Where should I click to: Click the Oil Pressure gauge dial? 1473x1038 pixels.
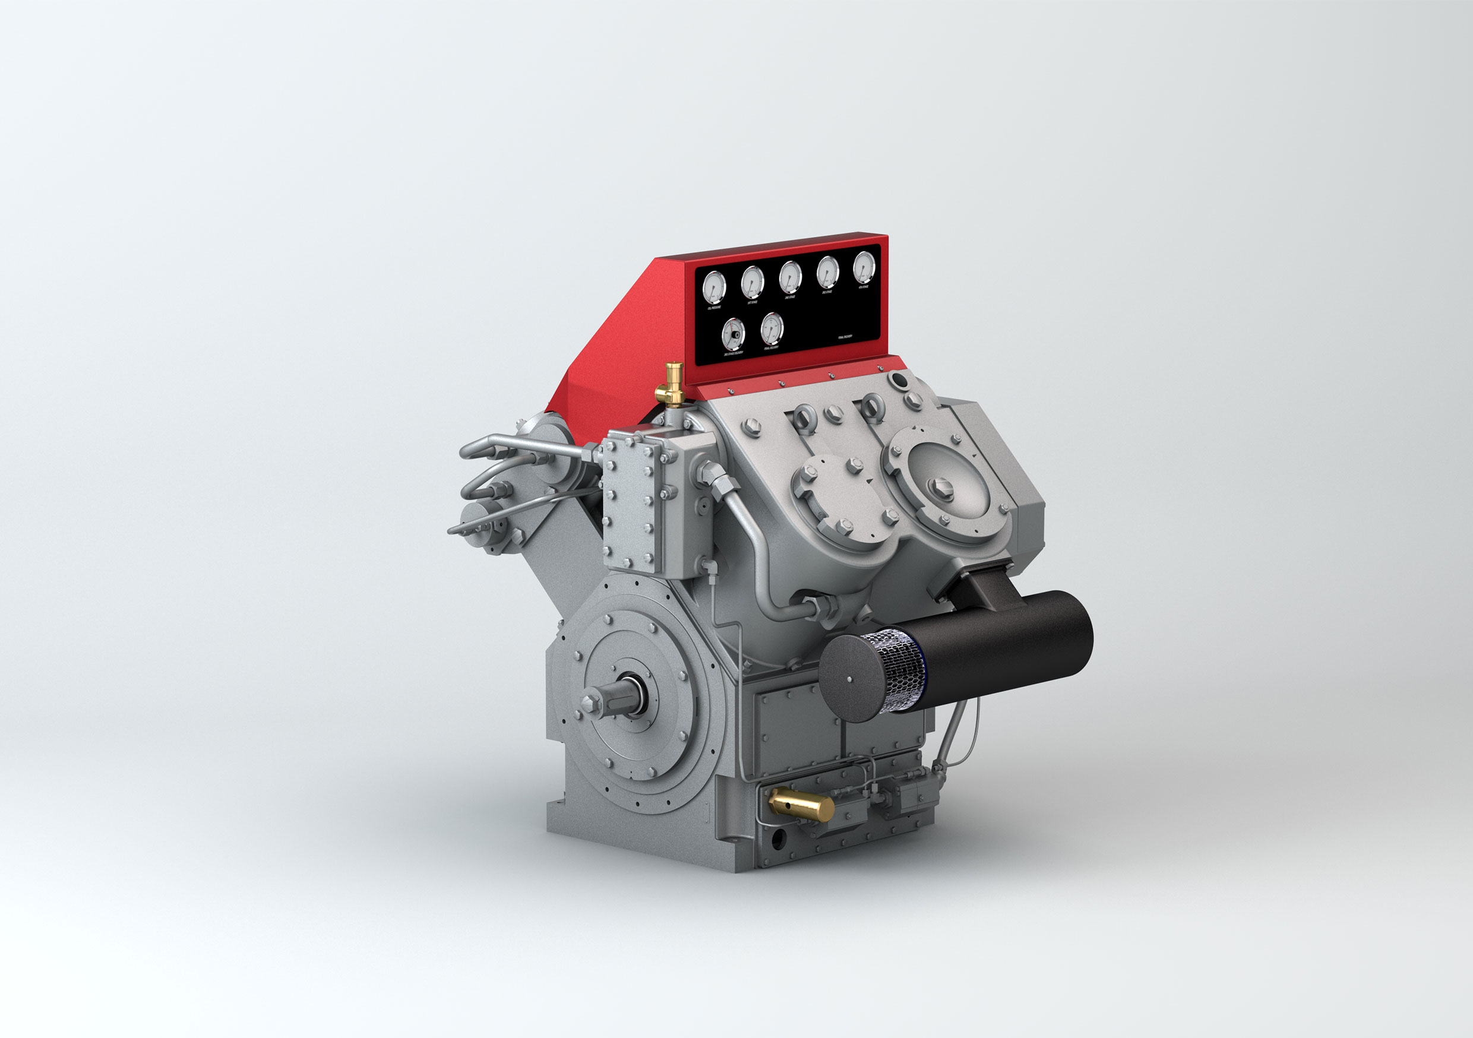(713, 287)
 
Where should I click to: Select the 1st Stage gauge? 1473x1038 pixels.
(752, 281)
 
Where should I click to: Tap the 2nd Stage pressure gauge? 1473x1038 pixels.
(790, 277)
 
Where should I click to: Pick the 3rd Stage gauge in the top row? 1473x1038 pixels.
(827, 272)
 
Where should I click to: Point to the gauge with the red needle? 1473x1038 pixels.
(734, 334)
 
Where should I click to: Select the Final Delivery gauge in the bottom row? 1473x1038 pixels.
(772, 328)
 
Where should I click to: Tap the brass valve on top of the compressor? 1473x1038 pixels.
(673, 384)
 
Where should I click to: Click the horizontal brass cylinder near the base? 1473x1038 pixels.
(801, 806)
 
